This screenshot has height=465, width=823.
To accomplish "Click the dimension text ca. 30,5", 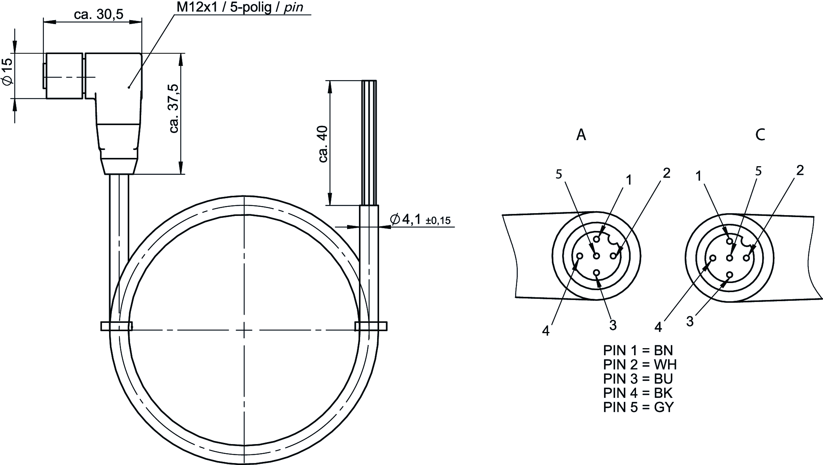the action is [x=98, y=15].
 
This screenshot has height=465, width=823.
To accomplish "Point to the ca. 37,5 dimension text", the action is [x=174, y=109].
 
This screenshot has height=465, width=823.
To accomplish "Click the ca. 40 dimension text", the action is [x=323, y=144].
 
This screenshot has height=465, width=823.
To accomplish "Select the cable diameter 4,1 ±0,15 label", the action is [x=420, y=219].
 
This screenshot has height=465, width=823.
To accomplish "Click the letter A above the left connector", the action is [x=581, y=135].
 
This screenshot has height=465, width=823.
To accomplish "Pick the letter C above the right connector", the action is [x=760, y=135].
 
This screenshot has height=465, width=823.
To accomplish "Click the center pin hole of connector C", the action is [x=730, y=258].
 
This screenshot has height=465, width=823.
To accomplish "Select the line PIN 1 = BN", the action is [x=638, y=350].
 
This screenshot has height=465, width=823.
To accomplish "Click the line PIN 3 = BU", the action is [x=638, y=379].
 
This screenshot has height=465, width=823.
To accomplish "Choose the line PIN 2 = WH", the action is [x=640, y=364].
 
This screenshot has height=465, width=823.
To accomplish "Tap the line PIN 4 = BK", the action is [x=638, y=393].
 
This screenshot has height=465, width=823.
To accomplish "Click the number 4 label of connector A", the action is [x=546, y=331].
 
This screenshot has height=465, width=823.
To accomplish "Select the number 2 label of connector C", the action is [x=800, y=170].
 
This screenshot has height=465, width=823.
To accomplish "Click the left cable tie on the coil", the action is [x=116, y=326].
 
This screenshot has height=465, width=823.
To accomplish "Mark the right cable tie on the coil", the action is [x=371, y=326].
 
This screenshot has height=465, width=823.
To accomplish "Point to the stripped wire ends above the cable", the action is [x=369, y=142].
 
